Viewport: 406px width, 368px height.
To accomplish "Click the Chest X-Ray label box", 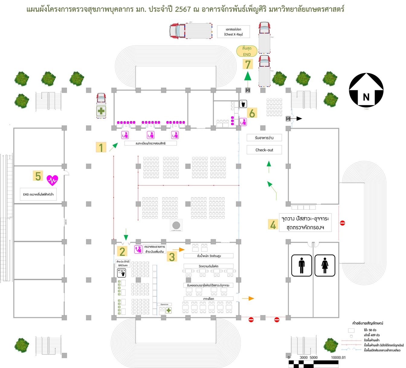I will [x=234, y=32].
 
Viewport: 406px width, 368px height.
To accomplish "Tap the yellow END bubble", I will [x=247, y=51].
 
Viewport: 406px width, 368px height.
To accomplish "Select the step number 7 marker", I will [x=248, y=64].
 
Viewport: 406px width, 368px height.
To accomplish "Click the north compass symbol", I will [x=366, y=90].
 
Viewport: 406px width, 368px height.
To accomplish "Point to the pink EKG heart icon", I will [x=52, y=180].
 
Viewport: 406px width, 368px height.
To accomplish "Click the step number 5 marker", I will [x=38, y=176].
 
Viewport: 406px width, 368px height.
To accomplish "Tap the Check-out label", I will [x=264, y=150].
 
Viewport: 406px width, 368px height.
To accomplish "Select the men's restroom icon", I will [x=301, y=265].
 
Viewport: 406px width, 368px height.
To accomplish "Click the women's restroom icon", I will [x=325, y=265].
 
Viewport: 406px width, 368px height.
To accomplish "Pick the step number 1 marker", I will [x=101, y=147].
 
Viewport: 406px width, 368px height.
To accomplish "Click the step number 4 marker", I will [x=273, y=224].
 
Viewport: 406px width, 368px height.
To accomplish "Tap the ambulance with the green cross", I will [x=101, y=106].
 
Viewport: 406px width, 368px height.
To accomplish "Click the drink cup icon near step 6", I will [x=243, y=104].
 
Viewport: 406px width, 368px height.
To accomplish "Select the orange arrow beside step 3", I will [x=181, y=250].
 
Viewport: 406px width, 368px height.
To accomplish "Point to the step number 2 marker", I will [x=122, y=251].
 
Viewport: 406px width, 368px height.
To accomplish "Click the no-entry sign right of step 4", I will [x=342, y=223].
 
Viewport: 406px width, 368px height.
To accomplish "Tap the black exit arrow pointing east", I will [x=298, y=118].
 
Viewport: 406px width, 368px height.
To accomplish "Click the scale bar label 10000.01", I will [x=338, y=357].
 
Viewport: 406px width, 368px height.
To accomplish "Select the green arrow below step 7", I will [x=248, y=76].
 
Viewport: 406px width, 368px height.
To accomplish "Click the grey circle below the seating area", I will [x=176, y=225].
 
